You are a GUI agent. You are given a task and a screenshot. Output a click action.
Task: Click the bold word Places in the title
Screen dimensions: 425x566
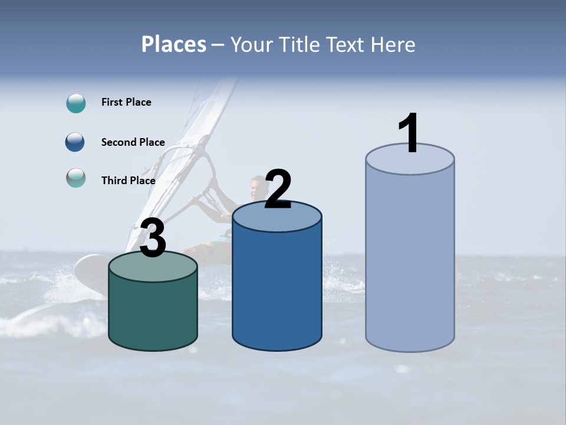tap(174, 44)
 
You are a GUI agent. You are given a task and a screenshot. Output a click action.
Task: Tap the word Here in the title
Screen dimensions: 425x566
tap(393, 44)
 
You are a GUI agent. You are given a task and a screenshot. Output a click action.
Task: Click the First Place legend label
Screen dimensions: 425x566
tap(126, 102)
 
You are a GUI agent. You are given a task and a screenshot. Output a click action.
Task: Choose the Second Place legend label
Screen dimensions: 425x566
tap(133, 142)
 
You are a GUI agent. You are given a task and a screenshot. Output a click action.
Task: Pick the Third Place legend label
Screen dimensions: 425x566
tap(129, 181)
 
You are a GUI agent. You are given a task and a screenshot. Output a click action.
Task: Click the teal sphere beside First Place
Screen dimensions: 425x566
tap(76, 103)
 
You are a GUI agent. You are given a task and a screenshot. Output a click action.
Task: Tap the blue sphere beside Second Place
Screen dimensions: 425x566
tap(75, 142)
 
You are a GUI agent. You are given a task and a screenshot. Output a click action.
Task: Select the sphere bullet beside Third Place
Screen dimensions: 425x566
tap(76, 178)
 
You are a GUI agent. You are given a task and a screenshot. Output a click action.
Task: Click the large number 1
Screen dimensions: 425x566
tap(409, 133)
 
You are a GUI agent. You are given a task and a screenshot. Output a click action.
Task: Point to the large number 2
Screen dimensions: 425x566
tap(278, 189)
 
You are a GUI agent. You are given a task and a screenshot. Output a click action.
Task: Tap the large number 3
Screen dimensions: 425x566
tap(153, 238)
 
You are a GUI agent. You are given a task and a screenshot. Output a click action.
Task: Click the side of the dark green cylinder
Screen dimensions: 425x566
tap(153, 313)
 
